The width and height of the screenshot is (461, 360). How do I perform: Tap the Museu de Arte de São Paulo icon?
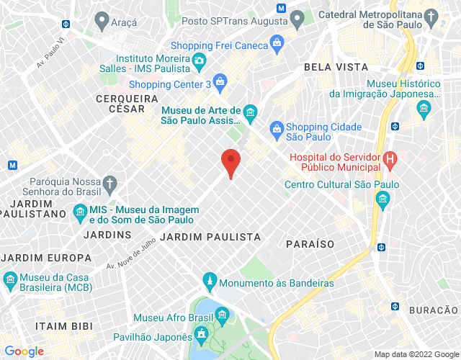click(x=250, y=112)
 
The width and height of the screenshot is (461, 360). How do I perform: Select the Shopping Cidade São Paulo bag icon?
click(x=276, y=128)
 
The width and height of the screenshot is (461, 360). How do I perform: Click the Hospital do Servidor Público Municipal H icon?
click(x=390, y=158)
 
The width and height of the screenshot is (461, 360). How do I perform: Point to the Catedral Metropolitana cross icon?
click(x=431, y=17)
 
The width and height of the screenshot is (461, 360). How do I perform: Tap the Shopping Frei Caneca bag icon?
click(x=277, y=44)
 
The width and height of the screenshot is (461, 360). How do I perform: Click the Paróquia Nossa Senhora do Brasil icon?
click(x=109, y=184)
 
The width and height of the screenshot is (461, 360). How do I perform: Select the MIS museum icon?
click(x=80, y=212)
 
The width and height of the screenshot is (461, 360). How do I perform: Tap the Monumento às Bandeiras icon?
click(x=210, y=279)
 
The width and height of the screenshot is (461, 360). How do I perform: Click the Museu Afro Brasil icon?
click(x=221, y=315)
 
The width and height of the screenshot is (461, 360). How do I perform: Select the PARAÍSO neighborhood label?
click(x=310, y=244)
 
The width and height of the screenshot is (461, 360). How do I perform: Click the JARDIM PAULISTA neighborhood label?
click(x=210, y=237)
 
